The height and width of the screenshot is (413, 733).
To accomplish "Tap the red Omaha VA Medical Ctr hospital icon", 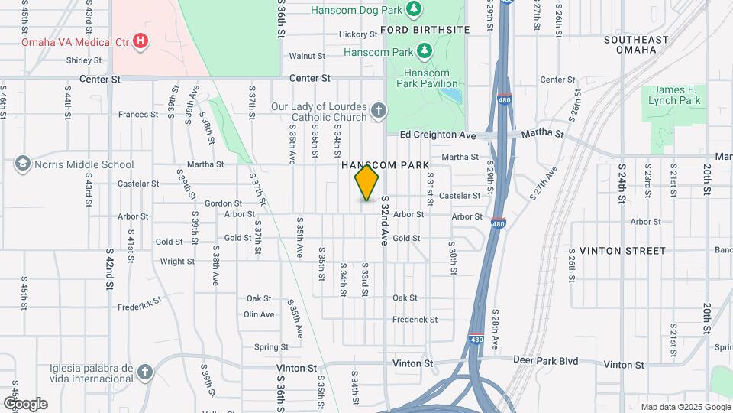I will (140, 41).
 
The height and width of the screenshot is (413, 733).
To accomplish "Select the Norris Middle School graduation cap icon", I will (22, 164).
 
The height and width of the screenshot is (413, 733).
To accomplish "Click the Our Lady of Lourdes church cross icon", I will (378, 112).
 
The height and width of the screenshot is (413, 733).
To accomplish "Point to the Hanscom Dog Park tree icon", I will (414, 9).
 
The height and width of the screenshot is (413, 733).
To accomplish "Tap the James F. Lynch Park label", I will (674, 95).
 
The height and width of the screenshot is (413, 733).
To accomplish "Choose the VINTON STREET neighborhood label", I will (622, 251).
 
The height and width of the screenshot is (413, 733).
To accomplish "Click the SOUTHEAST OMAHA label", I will (640, 44).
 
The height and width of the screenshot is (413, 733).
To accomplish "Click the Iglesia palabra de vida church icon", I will (145, 372).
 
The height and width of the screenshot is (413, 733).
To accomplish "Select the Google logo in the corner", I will (24, 403).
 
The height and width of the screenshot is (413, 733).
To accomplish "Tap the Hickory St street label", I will (358, 34).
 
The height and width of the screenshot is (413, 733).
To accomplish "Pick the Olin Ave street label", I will (259, 314).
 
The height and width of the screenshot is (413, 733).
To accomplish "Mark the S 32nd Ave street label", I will (385, 220).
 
